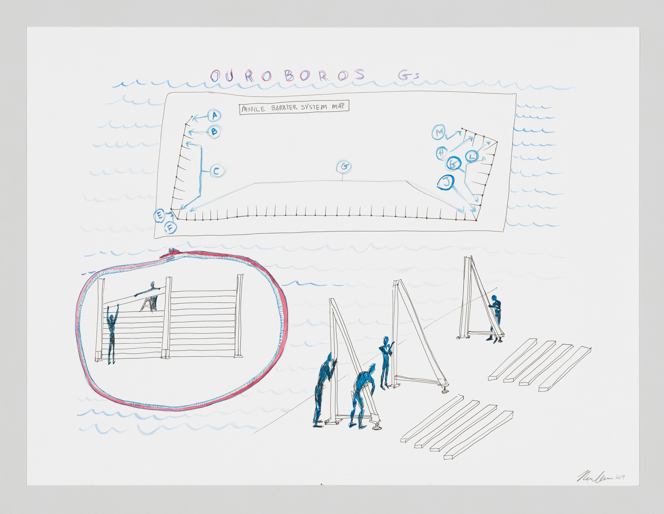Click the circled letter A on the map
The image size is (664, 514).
coord(214,115)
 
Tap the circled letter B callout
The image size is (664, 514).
coord(214,132)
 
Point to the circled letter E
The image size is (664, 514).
coord(159,216)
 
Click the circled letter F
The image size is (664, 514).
coord(170,228)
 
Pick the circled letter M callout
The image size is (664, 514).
coord(439,132)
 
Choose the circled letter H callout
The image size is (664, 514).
coord(441,153)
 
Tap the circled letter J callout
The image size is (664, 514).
coord(446,183)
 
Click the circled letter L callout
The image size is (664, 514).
coord(472,156)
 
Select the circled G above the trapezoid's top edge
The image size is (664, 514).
coord(344,167)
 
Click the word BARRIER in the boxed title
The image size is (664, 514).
coord(284,108)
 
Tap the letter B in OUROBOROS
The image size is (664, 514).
coord(289,76)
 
